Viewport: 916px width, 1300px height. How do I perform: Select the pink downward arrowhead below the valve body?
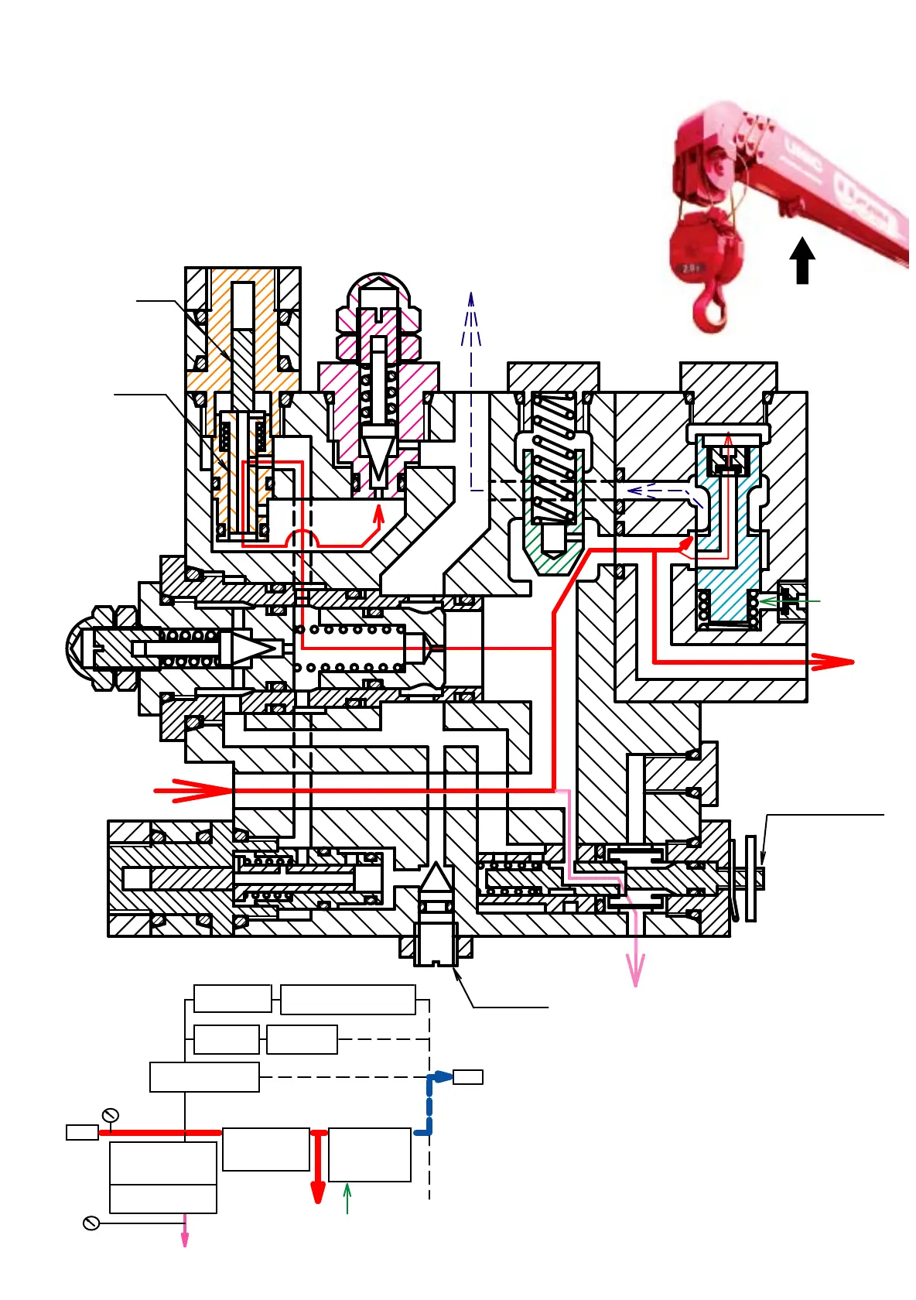click(x=635, y=971)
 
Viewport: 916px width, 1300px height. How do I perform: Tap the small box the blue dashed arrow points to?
click(x=467, y=1076)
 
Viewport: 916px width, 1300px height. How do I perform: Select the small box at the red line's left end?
click(x=82, y=1132)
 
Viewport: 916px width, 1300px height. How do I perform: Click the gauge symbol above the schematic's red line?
click(x=110, y=1115)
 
